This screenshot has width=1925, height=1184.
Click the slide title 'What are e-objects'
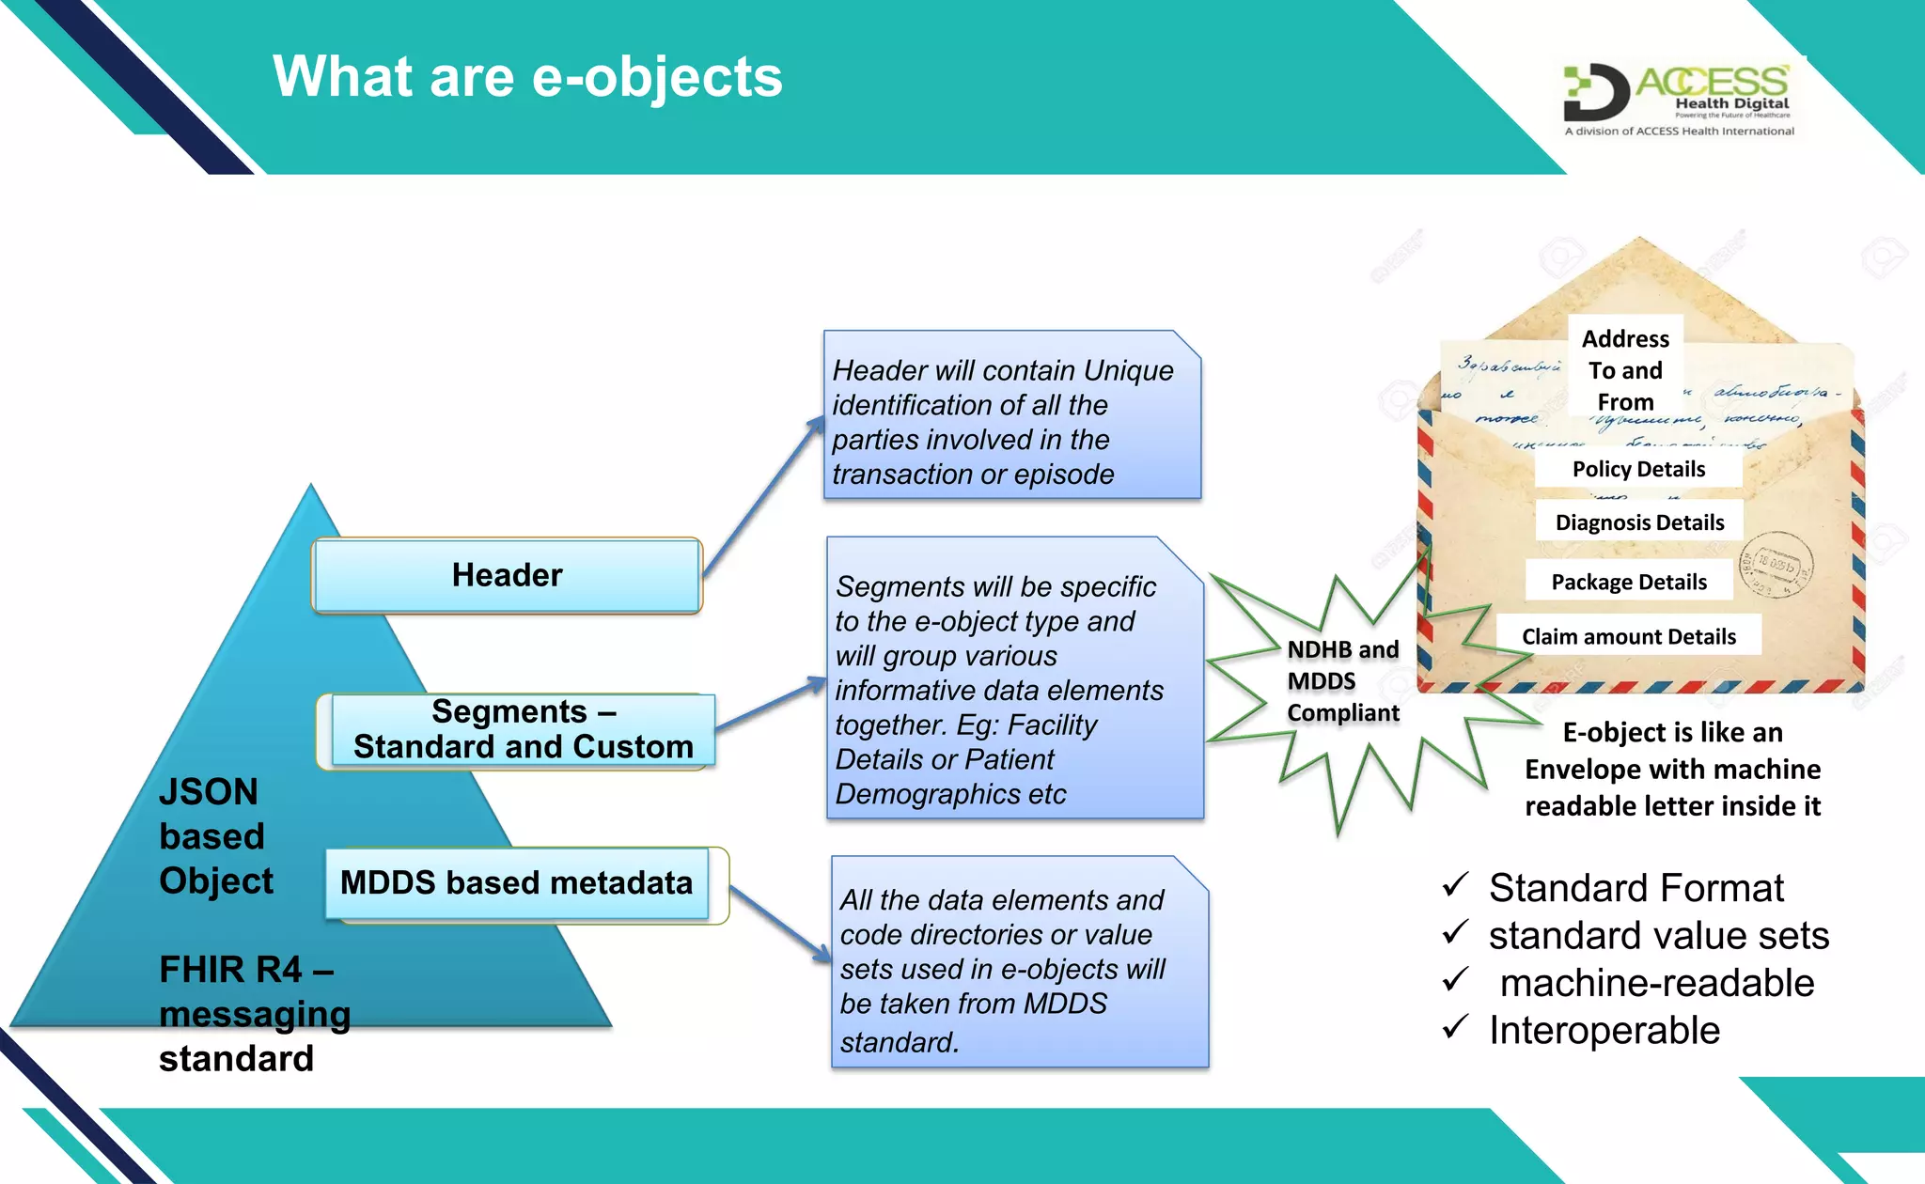pyautogui.click(x=527, y=77)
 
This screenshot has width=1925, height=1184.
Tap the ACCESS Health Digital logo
pyautogui.click(x=1679, y=100)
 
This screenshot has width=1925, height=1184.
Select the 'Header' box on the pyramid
pyautogui.click(x=507, y=575)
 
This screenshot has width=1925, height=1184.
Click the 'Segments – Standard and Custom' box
pyautogui.click(x=523, y=730)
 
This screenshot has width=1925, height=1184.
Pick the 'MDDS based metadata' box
pyautogui.click(x=516, y=883)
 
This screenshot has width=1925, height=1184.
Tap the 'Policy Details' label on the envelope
pyautogui.click(x=1638, y=469)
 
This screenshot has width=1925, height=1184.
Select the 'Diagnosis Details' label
pyautogui.click(x=1639, y=522)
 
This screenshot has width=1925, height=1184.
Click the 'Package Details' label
pyautogui.click(x=1629, y=582)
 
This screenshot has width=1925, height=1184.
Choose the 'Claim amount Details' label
pyautogui.click(x=1629, y=636)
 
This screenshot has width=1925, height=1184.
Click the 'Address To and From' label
pyautogui.click(x=1625, y=369)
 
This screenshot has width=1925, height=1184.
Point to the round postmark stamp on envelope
pyautogui.click(x=1776, y=567)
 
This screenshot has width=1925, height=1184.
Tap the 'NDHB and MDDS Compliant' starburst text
pyautogui.click(x=1342, y=681)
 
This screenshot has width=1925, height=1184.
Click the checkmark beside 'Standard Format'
pyautogui.click(x=1455, y=884)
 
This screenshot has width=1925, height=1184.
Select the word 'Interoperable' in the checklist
pyautogui.click(x=1604, y=1031)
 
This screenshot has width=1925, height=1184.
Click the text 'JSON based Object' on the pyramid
pyautogui.click(x=215, y=836)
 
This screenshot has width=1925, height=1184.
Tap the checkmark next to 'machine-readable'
pyautogui.click(x=1455, y=980)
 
